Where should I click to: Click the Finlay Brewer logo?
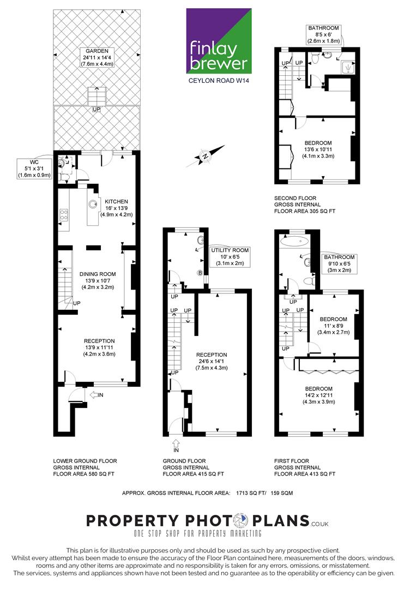[x=219, y=41]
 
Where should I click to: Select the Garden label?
[x=97, y=57]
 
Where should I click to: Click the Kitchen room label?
[x=116, y=208]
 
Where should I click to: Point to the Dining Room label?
[x=98, y=281]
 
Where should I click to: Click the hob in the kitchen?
[x=63, y=214]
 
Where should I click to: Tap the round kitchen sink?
[x=93, y=204]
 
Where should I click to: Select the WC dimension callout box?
[x=34, y=169]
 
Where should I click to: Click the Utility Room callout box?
[x=230, y=257]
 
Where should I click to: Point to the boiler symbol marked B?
[x=200, y=273]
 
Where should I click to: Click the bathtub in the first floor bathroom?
[x=295, y=242]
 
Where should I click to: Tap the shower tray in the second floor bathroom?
[x=348, y=68]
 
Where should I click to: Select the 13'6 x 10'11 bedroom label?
[x=318, y=149]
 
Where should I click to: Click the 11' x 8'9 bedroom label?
[x=334, y=326]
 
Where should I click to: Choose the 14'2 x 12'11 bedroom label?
[x=319, y=395]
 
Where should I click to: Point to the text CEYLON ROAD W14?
[x=219, y=80]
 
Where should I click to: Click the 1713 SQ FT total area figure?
[x=251, y=493]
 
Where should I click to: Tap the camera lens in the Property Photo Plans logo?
[x=240, y=521]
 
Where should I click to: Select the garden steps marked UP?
[x=97, y=97]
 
